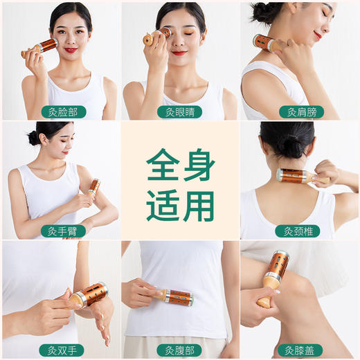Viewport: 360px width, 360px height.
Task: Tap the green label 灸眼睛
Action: (179, 111)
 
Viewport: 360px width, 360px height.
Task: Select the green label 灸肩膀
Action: (301, 111)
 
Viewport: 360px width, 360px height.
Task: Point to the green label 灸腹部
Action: (179, 350)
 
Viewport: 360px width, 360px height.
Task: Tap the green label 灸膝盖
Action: (301, 350)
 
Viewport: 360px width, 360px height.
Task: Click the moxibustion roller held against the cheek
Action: (43, 47)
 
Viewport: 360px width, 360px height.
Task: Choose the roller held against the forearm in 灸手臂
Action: (93, 188)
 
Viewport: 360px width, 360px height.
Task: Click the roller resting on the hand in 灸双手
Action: (87, 296)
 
